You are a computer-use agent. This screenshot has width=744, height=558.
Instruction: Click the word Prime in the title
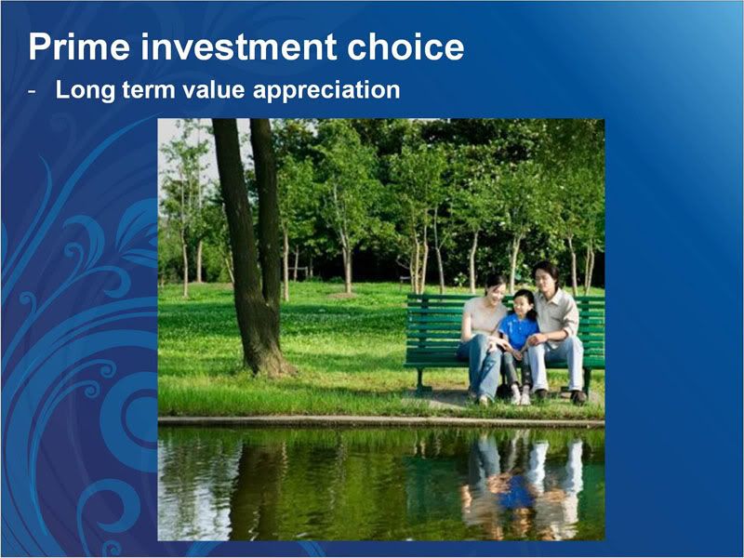tap(79, 47)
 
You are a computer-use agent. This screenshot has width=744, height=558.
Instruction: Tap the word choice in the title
tap(405, 47)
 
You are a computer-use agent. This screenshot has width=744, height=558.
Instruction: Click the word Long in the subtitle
tap(85, 90)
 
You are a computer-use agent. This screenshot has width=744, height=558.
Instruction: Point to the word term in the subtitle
tap(149, 90)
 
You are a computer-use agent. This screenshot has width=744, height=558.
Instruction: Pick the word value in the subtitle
tap(214, 90)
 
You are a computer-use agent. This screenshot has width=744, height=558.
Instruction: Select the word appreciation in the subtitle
tap(326, 90)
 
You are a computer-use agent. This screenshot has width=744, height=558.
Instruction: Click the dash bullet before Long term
tap(32, 91)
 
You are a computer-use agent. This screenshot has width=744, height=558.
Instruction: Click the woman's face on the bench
tap(496, 290)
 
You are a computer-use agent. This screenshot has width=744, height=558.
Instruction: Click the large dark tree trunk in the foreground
tap(251, 246)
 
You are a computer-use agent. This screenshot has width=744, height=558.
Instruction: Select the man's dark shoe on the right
tap(578, 397)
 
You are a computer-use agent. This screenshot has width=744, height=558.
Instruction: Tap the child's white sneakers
tap(520, 398)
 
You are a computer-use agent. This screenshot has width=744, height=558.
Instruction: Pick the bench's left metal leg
tap(420, 379)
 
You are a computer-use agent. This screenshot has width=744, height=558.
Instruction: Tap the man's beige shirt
tap(557, 313)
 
